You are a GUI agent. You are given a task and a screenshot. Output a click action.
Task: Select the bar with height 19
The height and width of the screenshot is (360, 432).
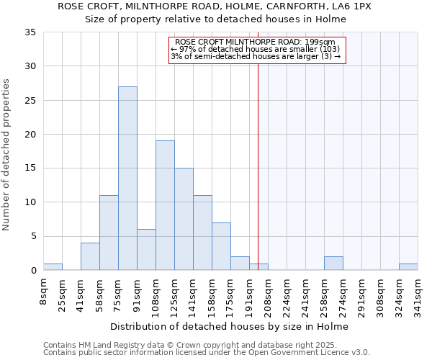pos(165,205)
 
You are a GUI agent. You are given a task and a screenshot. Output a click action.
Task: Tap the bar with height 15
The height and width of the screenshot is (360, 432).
pos(184,219)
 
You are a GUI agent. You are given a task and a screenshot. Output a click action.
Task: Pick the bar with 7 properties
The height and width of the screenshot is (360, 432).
pos(221,246)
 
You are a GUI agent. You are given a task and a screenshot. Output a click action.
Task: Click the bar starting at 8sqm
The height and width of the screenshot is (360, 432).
pos(53,267)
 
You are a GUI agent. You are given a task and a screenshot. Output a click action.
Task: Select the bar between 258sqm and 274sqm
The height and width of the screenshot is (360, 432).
pos(333,264)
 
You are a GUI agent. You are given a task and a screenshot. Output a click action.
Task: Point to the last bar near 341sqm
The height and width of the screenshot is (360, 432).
pos(408,267)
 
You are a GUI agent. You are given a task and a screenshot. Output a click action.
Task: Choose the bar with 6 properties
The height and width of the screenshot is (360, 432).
pos(146,250)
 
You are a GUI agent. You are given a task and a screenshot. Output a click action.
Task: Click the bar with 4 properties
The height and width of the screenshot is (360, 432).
pos(90,256)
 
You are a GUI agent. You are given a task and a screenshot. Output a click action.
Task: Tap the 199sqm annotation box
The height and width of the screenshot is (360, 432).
pos(258,50)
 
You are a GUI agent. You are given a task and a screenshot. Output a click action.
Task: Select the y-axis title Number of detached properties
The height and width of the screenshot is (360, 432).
pos(7,155)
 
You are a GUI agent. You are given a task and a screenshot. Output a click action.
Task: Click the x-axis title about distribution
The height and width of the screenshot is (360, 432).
pos(230,326)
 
